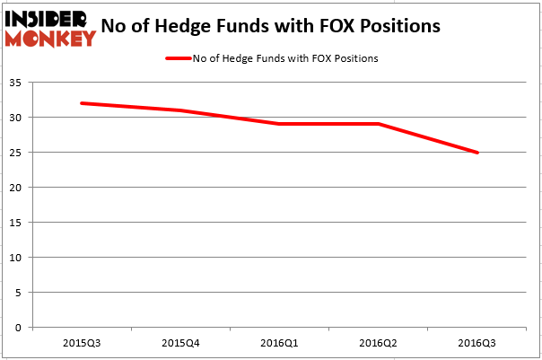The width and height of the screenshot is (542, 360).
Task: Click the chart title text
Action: (x=270, y=26)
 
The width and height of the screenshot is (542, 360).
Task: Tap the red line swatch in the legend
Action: (x=178, y=59)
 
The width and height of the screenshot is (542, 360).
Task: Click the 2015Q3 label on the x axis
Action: (x=82, y=343)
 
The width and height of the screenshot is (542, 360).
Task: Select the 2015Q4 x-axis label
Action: (x=180, y=343)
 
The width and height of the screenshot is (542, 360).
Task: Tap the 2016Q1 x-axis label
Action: (x=279, y=343)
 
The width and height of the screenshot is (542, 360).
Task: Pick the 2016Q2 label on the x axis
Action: (x=378, y=343)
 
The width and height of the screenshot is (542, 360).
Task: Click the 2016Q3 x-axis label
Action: (x=476, y=343)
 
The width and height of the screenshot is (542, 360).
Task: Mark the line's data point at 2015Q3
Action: (x=82, y=103)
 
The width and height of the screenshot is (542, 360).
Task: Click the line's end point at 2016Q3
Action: (x=476, y=153)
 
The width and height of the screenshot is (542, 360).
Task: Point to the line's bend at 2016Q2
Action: (x=378, y=124)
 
